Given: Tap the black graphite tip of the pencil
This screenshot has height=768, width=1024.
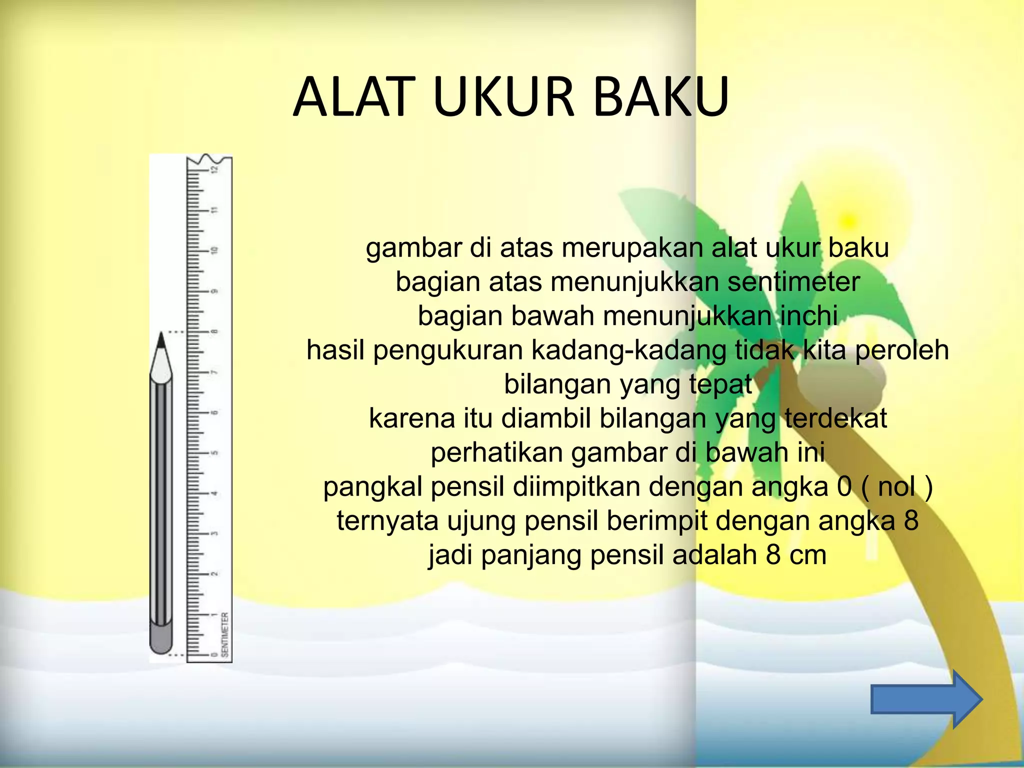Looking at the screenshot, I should point(161,340).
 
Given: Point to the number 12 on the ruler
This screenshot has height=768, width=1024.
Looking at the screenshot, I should point(215,169).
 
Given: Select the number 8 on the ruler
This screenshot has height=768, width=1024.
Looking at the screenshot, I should point(215,331).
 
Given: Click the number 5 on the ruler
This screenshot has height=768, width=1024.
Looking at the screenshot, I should point(215,453).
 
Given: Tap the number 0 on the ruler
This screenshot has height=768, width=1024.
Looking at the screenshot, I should point(215,654).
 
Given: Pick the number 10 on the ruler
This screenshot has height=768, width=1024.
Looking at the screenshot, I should point(215,250).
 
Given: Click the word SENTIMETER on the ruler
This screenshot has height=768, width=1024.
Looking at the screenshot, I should point(225,634).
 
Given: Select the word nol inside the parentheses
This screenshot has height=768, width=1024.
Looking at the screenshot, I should point(897,486).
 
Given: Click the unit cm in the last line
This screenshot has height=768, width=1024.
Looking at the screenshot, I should point(808,555).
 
